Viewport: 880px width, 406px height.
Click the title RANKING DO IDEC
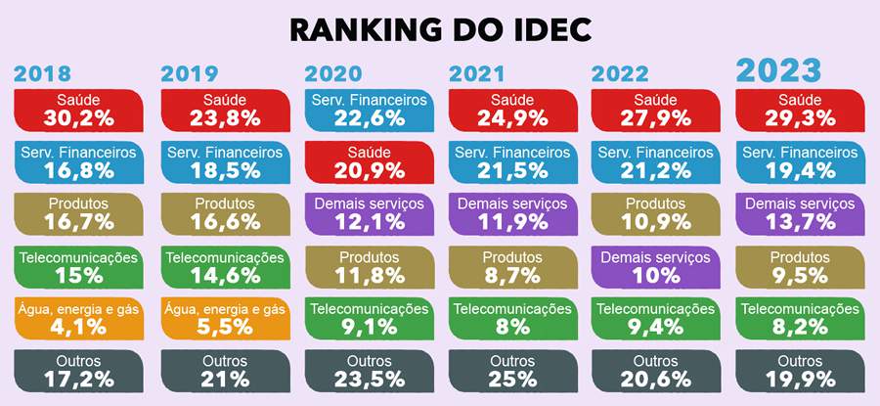point(440,29)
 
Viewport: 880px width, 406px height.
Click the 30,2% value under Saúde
point(79,118)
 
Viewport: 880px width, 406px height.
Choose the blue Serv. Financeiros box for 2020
point(369,110)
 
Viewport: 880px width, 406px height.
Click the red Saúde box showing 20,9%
point(369,161)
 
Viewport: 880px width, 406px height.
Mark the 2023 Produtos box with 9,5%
point(801,267)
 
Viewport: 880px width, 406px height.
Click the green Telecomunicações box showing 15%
point(79,267)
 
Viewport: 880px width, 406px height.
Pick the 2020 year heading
point(332,74)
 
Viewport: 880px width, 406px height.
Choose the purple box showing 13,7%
point(801,213)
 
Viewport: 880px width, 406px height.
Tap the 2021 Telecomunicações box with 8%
point(513,318)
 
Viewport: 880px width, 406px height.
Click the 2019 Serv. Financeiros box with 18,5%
point(224,161)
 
